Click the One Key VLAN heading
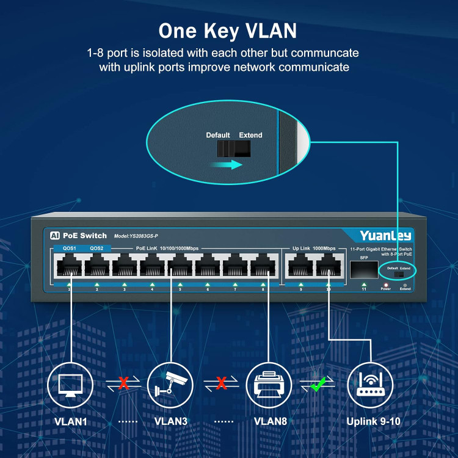[x=228, y=30]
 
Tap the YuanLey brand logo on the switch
[x=385, y=236]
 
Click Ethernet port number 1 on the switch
[x=69, y=266]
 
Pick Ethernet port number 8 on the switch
[x=263, y=266]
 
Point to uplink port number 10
[x=328, y=266]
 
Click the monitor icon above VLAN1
[x=69, y=383]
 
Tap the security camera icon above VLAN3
[x=170, y=383]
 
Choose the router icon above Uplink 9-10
[x=370, y=383]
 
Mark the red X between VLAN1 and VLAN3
[x=123, y=383]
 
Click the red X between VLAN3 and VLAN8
[x=222, y=383]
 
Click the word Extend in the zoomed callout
[x=250, y=135]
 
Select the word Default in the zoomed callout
[x=218, y=135]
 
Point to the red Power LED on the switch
[x=385, y=284]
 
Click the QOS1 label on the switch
[x=69, y=249]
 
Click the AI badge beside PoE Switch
[x=54, y=236]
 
